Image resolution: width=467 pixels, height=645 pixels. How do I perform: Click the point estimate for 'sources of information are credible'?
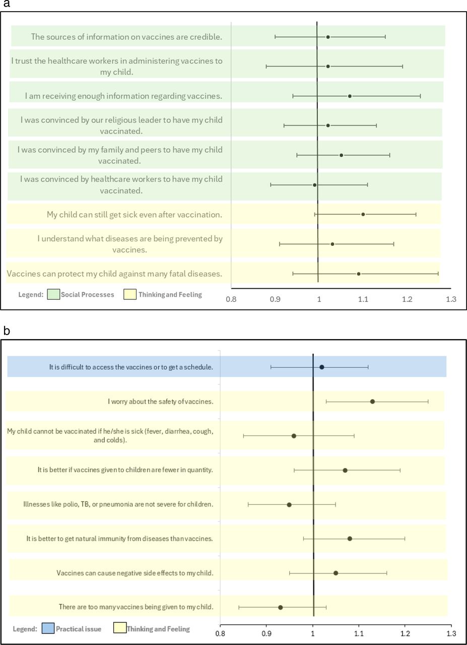pyautogui.click(x=328, y=37)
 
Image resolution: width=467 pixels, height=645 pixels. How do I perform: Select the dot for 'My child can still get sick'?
pyautogui.click(x=363, y=214)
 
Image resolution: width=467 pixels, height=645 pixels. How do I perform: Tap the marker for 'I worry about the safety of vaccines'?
pyautogui.click(x=372, y=401)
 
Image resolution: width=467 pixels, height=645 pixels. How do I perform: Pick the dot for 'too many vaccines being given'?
pyautogui.click(x=281, y=607)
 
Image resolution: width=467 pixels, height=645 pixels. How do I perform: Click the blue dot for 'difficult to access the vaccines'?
pyautogui.click(x=322, y=367)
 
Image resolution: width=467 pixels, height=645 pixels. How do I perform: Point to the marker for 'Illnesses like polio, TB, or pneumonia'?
pyautogui.click(x=289, y=504)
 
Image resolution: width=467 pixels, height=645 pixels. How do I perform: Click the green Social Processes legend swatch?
pyautogui.click(x=53, y=294)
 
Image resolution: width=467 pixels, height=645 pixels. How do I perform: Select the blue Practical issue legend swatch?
pyautogui.click(x=47, y=628)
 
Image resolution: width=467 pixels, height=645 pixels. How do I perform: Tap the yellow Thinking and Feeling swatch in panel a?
pyautogui.click(x=130, y=294)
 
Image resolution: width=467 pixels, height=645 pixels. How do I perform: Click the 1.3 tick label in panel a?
pyautogui.click(x=451, y=299)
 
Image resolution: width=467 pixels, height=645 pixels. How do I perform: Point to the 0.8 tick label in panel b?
pyautogui.click(x=220, y=633)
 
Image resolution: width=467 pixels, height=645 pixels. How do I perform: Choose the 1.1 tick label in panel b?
pyautogui.click(x=359, y=633)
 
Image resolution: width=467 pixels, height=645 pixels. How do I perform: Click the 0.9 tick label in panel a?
pyautogui.click(x=275, y=299)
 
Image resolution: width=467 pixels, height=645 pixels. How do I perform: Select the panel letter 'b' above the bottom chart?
pyautogui.click(x=6, y=331)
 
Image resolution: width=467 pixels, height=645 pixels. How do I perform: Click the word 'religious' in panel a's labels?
pyautogui.click(x=142, y=120)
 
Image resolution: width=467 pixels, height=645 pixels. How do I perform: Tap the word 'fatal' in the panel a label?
pyautogui.click(x=172, y=274)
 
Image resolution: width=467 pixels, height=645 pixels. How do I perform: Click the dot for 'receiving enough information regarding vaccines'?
pyautogui.click(x=350, y=96)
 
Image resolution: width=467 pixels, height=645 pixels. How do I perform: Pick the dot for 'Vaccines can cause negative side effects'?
pyautogui.click(x=336, y=573)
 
